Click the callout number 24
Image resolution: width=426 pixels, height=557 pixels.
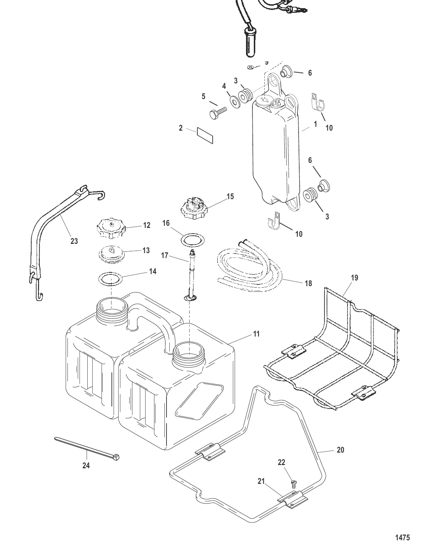pyautogui.click(x=86, y=466)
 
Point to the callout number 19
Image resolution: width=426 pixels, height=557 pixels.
pyautogui.click(x=354, y=278)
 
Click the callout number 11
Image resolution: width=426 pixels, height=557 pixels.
pyautogui.click(x=256, y=334)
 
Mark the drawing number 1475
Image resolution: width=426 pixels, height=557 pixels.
pyautogui.click(x=403, y=537)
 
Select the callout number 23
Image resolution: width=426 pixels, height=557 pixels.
pyautogui.click(x=74, y=241)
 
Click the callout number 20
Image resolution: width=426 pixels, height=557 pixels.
pyautogui.click(x=340, y=450)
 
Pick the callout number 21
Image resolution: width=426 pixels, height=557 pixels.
pyautogui.click(x=261, y=481)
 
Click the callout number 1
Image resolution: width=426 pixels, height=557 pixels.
pyautogui.click(x=315, y=125)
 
